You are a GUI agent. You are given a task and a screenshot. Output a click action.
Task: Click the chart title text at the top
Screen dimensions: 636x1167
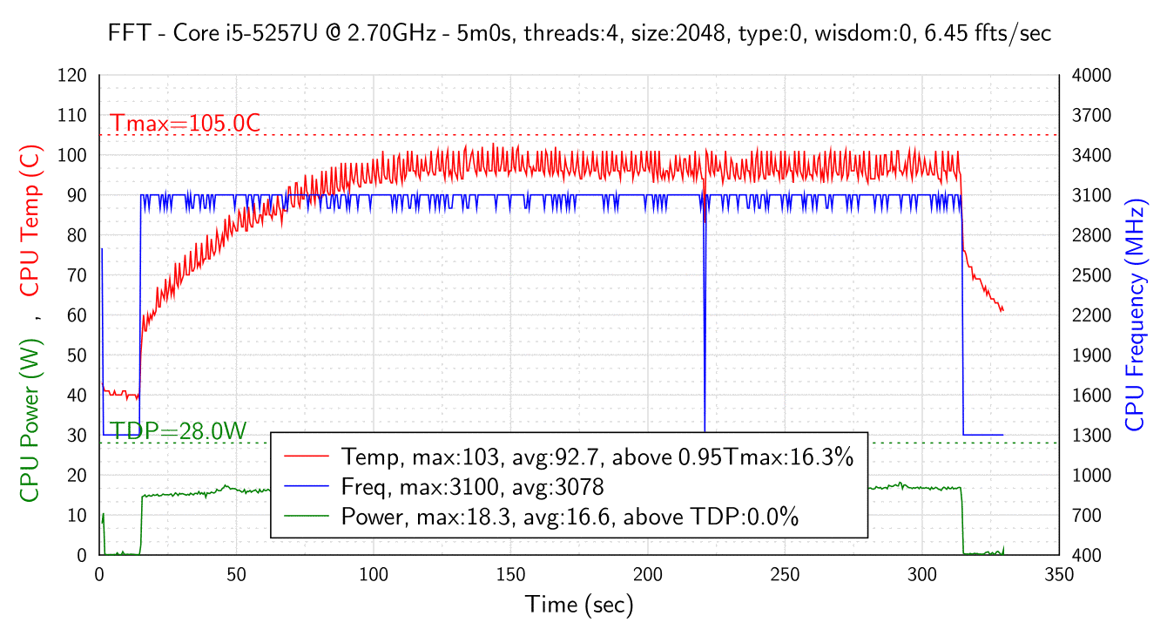(x=579, y=34)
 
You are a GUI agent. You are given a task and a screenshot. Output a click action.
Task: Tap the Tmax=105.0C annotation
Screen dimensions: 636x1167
(x=185, y=124)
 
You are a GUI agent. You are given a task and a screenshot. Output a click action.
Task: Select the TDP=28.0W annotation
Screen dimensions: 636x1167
(x=179, y=430)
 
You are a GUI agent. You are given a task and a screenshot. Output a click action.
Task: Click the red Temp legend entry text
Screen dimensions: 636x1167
(x=597, y=457)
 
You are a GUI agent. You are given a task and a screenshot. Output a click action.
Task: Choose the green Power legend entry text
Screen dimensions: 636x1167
(x=570, y=517)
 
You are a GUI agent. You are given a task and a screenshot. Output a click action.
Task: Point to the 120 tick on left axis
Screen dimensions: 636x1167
(x=73, y=76)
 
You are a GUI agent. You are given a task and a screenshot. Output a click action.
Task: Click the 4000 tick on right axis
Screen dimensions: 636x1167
(x=1091, y=76)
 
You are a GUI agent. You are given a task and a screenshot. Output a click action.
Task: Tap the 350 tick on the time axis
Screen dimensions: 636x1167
(x=1059, y=575)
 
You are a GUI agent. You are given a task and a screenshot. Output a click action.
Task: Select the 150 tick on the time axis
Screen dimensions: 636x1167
(x=510, y=575)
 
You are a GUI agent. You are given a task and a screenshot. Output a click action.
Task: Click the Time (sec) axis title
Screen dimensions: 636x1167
(x=579, y=604)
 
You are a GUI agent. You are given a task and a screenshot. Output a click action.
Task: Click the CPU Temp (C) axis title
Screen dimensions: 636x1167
(x=30, y=221)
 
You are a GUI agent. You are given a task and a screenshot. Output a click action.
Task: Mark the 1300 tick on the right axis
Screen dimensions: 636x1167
(x=1091, y=436)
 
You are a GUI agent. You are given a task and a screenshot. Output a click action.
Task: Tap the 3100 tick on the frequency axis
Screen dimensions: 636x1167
(x=1091, y=196)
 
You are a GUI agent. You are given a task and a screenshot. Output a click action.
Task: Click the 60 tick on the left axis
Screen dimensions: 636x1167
(x=77, y=315)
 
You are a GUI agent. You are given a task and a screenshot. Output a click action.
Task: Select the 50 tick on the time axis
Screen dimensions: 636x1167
(x=236, y=575)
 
